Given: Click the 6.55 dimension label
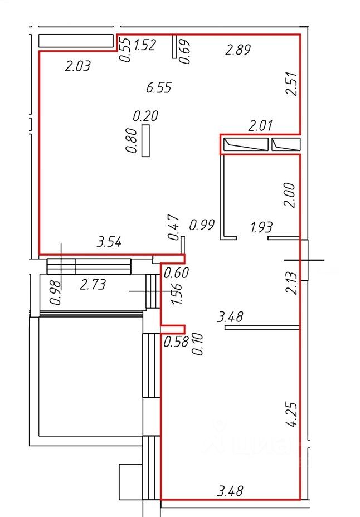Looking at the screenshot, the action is point(159,87).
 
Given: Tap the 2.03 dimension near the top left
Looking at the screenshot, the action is point(77,66).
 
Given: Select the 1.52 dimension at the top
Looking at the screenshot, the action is point(145,45).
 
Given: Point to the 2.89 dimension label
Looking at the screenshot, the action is point(238,50).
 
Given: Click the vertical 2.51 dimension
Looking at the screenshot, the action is point(293,84).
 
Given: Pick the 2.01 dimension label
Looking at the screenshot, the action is point(260,125).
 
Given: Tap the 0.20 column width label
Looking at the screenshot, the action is point(145,116).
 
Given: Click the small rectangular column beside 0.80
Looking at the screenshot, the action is point(145,140).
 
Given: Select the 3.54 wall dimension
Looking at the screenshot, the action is point(109,242).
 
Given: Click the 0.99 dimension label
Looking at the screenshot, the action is point(202,225).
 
